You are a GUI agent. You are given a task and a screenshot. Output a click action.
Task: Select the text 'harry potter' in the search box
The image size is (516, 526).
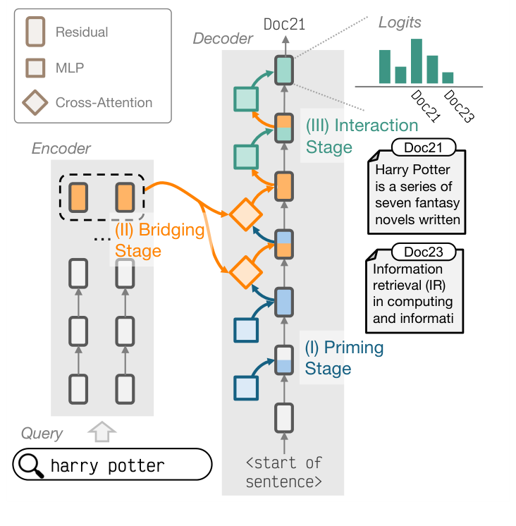tap(107, 466)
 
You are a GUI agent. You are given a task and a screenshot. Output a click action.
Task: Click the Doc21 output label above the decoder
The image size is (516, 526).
tap(284, 25)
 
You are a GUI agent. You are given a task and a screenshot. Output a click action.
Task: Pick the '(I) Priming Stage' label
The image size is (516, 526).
tap(343, 358)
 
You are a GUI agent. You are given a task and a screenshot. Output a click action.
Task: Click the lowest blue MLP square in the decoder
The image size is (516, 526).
tap(245, 387)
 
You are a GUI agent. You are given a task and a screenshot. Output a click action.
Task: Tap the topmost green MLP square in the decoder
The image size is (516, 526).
tap(245, 98)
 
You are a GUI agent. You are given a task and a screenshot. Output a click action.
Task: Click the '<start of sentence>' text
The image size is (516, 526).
tap(284, 472)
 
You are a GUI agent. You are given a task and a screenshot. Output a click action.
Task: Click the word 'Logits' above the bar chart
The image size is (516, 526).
tap(399, 22)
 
